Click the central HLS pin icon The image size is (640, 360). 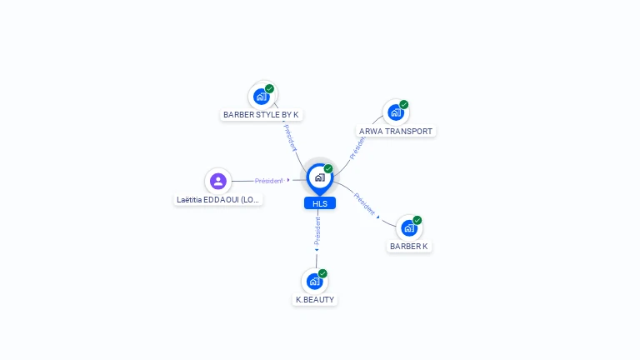pyautogui.click(x=319, y=177)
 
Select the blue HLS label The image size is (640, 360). pyautogui.click(x=320, y=203)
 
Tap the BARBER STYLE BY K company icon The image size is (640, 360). pyautogui.click(x=262, y=96)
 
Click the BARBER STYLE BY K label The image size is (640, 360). pyautogui.click(x=261, y=114)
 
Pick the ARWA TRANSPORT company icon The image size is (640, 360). pyautogui.click(x=396, y=112)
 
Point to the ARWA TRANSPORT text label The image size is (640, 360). pyautogui.click(x=396, y=132)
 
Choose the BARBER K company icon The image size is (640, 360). pyautogui.click(x=409, y=227)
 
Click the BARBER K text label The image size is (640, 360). pyautogui.click(x=409, y=247)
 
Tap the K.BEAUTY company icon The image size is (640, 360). pyautogui.click(x=314, y=281)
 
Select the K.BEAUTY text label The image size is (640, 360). pyautogui.click(x=315, y=299)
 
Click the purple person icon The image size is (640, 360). pyautogui.click(x=218, y=181)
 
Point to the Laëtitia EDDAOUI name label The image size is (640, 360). pyautogui.click(x=218, y=200)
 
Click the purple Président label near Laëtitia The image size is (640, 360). pyautogui.click(x=269, y=181)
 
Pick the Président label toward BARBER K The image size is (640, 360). pyautogui.click(x=364, y=203)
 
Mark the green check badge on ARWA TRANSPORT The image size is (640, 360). pyautogui.click(x=404, y=105)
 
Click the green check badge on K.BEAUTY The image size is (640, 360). pyautogui.click(x=322, y=273)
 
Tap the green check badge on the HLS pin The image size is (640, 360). pyautogui.click(x=328, y=169)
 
